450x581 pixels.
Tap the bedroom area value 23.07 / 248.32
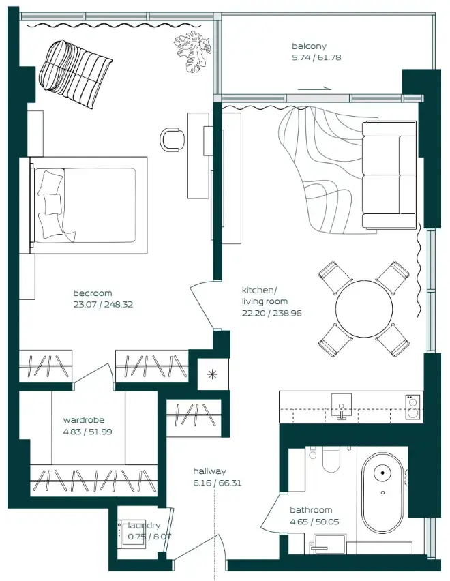point(103,305)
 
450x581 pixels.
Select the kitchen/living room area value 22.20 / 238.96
point(271,313)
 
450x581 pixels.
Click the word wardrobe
point(84,420)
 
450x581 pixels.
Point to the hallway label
point(209,471)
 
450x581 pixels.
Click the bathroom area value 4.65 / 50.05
point(314,522)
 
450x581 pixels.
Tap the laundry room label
point(144,526)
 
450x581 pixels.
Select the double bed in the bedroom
point(89,204)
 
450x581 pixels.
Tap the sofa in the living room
point(389,175)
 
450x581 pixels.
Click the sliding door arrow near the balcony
point(314,89)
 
